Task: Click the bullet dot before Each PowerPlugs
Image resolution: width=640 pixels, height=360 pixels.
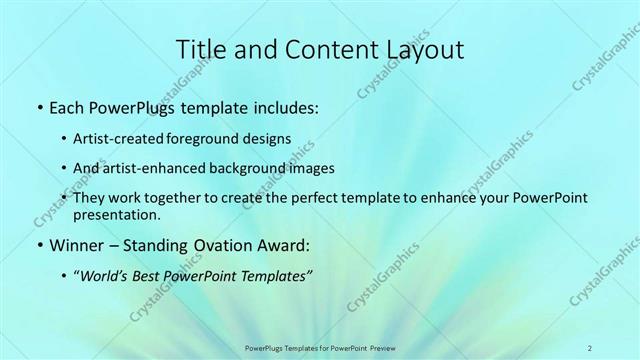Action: [x=38, y=105]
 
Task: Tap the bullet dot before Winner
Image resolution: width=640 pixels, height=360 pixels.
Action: [x=38, y=245]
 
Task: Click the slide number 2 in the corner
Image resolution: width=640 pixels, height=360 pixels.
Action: [x=590, y=348]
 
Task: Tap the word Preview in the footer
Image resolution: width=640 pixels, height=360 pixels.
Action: [x=378, y=348]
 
